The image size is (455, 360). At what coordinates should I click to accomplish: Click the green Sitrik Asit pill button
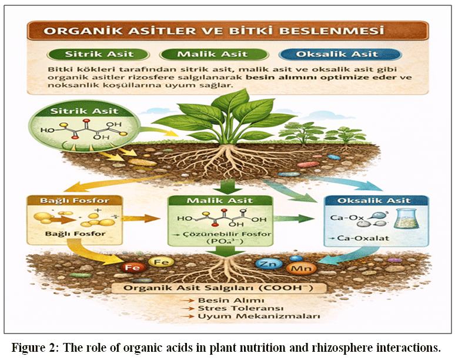pyautogui.click(x=98, y=54)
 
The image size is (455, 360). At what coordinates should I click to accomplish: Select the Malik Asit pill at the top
pyautogui.click(x=214, y=54)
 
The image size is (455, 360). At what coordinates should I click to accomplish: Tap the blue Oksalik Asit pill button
pyautogui.click(x=340, y=54)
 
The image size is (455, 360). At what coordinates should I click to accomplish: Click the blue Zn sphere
pyautogui.click(x=269, y=264)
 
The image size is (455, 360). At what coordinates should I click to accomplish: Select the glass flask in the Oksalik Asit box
pyautogui.click(x=407, y=219)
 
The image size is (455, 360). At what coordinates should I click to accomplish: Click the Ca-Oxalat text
pyautogui.click(x=363, y=238)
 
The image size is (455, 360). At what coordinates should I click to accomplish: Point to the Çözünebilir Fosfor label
pyautogui.click(x=227, y=234)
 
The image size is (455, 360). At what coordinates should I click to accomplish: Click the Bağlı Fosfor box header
pyautogui.click(x=75, y=201)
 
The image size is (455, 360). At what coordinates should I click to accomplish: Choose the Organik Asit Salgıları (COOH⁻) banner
pyautogui.click(x=219, y=288)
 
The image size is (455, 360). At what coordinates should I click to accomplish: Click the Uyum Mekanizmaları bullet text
pyautogui.click(x=259, y=316)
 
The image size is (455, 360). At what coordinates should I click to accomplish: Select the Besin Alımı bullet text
pyautogui.click(x=231, y=300)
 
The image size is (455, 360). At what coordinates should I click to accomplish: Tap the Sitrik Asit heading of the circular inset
pyautogui.click(x=84, y=111)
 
